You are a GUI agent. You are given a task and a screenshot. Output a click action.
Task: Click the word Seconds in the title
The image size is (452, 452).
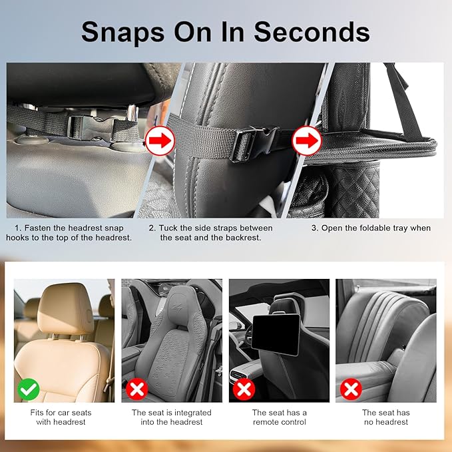point(312,31)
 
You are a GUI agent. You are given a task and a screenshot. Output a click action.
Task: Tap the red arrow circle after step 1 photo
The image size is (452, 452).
point(159,140)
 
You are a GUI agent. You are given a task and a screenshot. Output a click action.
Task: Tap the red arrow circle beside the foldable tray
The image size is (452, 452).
point(307,141)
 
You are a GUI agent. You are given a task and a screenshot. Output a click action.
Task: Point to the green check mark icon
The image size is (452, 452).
point(28,388)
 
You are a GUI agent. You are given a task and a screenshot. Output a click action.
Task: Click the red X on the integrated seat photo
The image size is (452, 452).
point(136,388)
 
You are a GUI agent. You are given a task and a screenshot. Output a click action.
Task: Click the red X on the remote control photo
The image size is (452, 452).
point(244,388)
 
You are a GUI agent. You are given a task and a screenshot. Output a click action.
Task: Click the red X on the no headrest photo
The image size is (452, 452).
point(351,388)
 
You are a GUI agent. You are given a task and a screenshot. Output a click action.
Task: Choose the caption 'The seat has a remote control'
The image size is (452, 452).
point(279,417)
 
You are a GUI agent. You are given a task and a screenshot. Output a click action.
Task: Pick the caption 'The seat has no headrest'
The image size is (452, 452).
point(385,417)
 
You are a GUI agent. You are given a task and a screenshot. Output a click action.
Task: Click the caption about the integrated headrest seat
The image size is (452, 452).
point(171,417)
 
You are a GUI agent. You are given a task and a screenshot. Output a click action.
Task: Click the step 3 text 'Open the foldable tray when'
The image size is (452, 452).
point(371,228)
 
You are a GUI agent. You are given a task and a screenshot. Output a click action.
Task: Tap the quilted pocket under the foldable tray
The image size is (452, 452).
point(355,186)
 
